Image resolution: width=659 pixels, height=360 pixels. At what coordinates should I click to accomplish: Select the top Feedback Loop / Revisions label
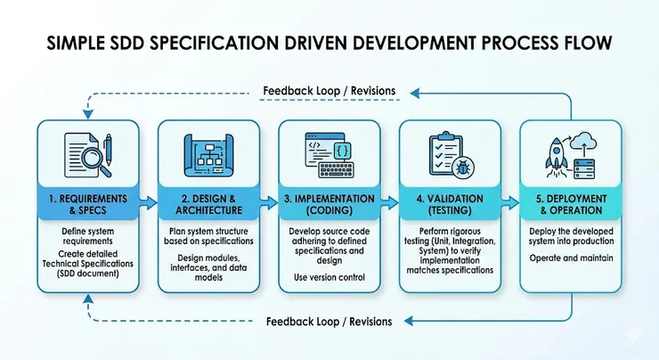pyautogui.click(x=330, y=91)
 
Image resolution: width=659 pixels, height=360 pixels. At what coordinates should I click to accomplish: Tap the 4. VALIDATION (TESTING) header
pyautogui.click(x=449, y=204)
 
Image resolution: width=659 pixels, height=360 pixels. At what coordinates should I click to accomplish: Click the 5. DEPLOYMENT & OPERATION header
pyautogui.click(x=570, y=204)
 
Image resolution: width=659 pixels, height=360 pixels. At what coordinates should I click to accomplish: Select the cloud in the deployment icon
pyautogui.click(x=583, y=143)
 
